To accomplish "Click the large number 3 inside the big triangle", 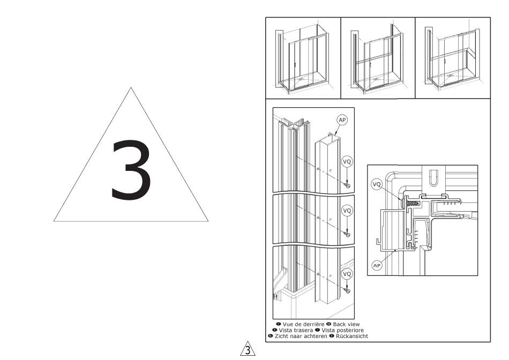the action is (131, 169).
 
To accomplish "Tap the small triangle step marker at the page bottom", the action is (248, 349).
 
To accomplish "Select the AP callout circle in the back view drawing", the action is (342, 120).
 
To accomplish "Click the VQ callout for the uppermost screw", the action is (347, 161).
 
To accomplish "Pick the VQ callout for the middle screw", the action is (347, 211).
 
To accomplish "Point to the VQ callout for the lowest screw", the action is (347, 274).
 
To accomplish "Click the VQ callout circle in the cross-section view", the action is (377, 184).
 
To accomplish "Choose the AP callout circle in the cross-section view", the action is (377, 266).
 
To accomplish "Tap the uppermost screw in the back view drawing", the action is (347, 185).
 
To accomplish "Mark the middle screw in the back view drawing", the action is (347, 234).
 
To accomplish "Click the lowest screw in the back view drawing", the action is (347, 290).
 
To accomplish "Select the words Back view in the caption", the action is (346, 324).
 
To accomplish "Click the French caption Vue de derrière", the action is (303, 324).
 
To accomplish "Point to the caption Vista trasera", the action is (296, 330).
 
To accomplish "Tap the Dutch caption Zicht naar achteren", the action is (301, 336).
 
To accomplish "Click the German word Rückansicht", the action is (352, 336).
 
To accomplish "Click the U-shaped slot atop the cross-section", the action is (433, 177).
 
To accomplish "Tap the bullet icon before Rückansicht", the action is (332, 336).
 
